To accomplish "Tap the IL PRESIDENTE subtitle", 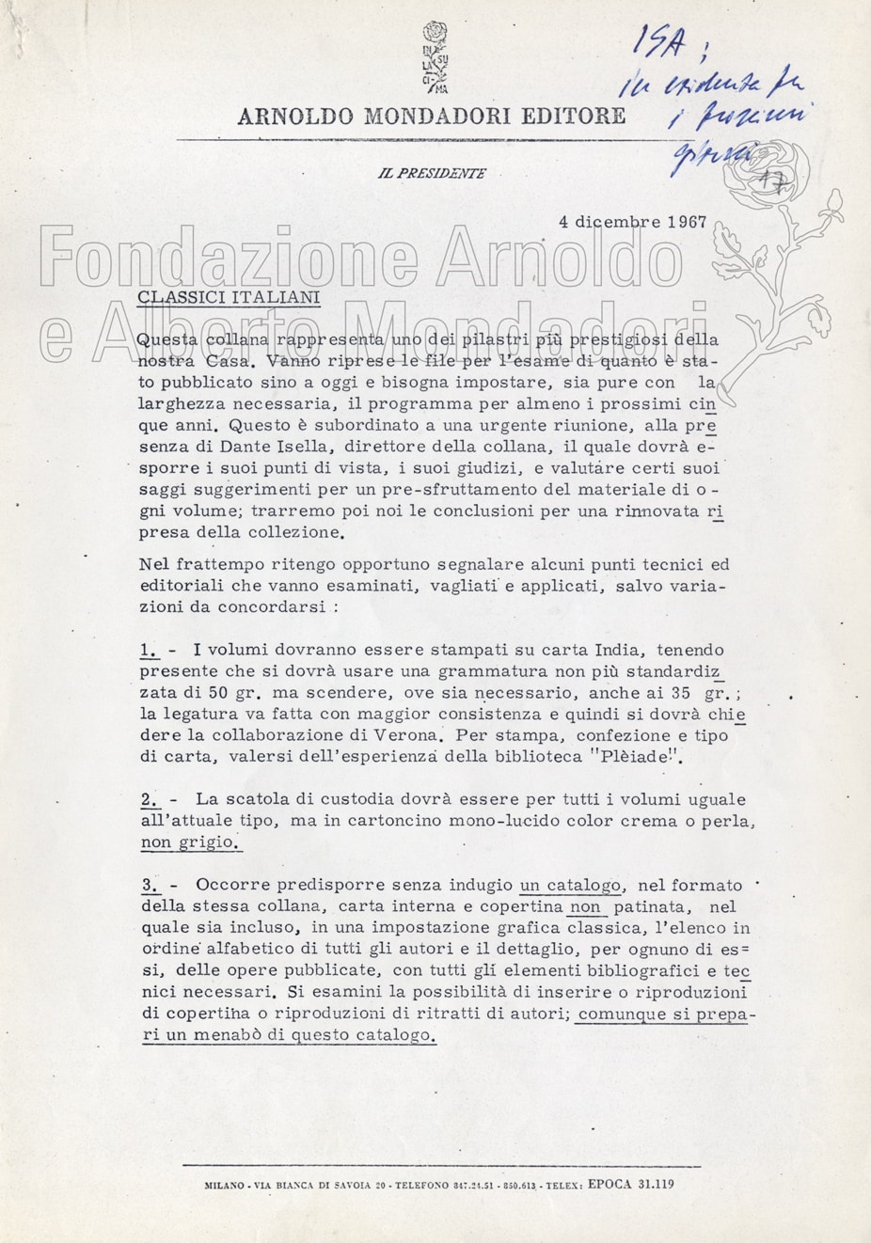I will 432,174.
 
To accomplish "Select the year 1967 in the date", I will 687,223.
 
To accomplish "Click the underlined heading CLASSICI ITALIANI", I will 229,297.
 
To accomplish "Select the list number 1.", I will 149,650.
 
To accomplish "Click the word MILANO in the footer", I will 224,1186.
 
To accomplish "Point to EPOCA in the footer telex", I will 610,1185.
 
